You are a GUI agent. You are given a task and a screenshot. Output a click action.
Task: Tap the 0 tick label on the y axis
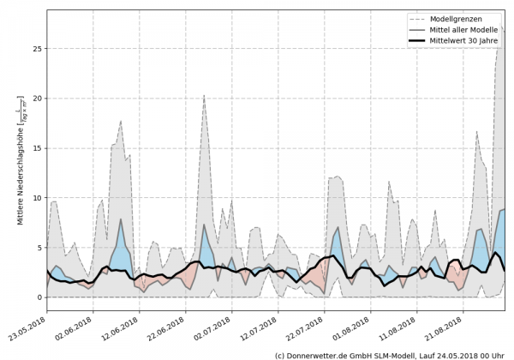(39, 297)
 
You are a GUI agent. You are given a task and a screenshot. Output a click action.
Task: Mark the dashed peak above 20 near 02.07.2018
(204, 95)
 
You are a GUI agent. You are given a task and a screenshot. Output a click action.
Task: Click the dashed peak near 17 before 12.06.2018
(121, 121)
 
